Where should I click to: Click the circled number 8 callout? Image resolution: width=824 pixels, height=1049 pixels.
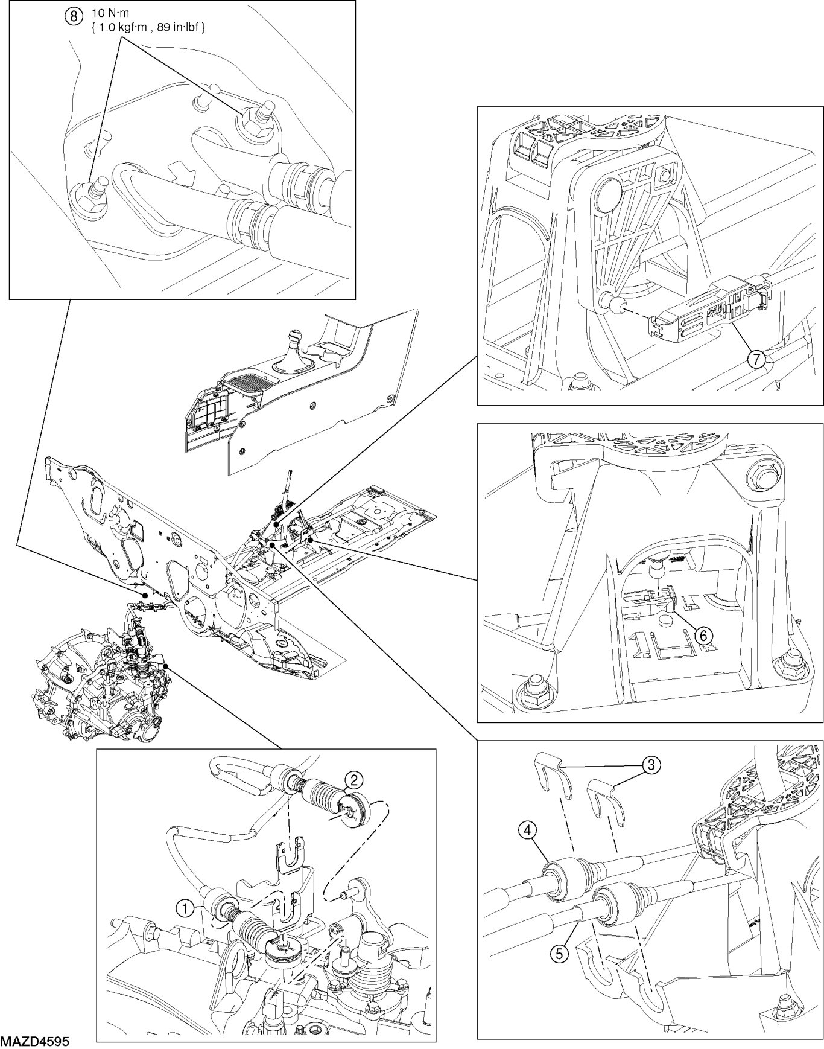tap(74, 16)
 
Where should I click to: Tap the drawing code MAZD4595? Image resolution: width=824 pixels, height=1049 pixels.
tap(35, 1042)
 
